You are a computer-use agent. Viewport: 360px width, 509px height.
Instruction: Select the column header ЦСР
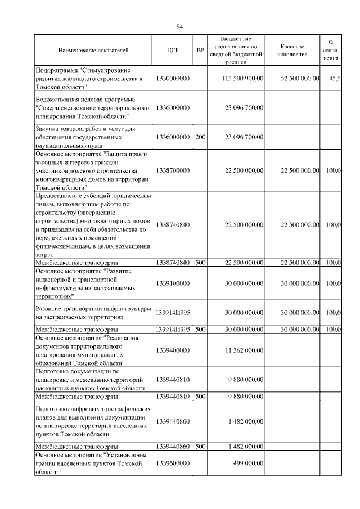coord(173,51)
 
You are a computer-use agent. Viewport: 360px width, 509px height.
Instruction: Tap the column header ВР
coord(200,51)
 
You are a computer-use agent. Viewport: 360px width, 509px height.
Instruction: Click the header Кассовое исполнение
coord(292,51)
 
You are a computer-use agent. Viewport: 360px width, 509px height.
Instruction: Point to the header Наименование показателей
coord(93,51)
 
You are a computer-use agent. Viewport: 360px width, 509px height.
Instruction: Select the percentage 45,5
coord(334,79)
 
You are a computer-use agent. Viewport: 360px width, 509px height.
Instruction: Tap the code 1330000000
coord(173,79)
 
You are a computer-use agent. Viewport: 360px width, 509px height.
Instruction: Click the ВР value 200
coord(200,137)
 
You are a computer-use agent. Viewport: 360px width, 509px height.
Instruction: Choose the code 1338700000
coord(173,170)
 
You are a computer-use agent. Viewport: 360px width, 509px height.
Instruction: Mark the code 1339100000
coord(173,283)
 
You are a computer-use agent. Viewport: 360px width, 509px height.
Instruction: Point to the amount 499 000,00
coord(248,462)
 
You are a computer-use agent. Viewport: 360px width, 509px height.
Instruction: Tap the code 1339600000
coord(173,462)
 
